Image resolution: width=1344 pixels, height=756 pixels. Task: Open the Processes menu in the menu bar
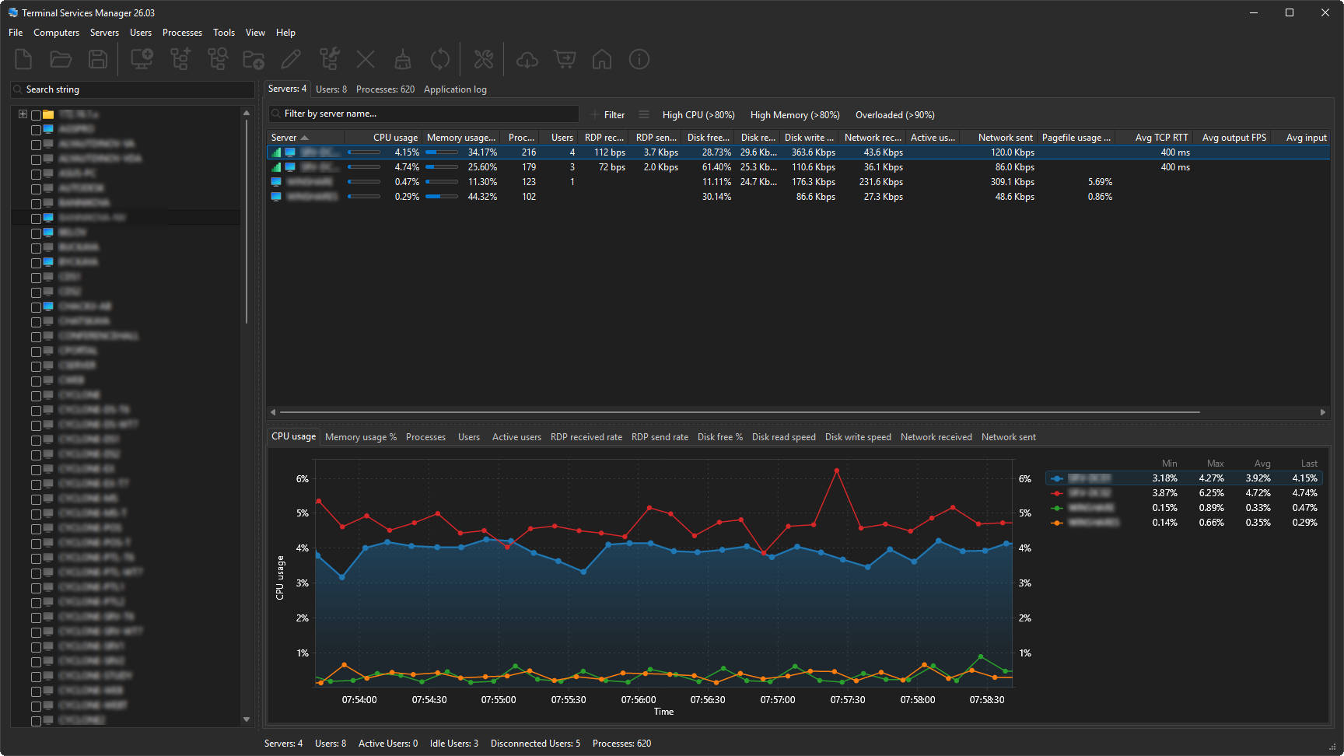click(x=182, y=33)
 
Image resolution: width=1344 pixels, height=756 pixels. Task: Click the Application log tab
click(x=455, y=89)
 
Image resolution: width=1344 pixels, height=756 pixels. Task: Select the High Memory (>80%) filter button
click(x=794, y=115)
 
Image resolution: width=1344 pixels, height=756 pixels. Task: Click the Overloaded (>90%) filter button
click(x=894, y=115)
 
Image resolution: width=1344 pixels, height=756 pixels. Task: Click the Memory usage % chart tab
click(x=360, y=437)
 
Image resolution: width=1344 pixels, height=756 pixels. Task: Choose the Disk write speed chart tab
click(x=858, y=437)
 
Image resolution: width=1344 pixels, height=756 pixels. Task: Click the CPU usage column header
click(x=395, y=138)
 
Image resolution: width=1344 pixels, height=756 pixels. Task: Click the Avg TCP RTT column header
click(x=1161, y=138)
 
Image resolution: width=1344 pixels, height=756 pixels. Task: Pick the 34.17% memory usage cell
click(x=482, y=152)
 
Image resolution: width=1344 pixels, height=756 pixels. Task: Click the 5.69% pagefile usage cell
click(x=1100, y=182)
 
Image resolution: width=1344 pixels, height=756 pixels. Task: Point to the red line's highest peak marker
click(x=837, y=471)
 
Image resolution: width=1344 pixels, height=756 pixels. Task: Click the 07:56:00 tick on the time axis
click(x=639, y=700)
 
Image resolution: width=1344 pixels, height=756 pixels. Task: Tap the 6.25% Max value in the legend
click(x=1211, y=493)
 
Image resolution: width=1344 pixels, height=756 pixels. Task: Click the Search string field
click(x=132, y=89)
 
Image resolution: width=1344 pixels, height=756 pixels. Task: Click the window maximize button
click(x=1290, y=12)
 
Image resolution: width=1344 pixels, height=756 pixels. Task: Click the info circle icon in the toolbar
click(x=639, y=59)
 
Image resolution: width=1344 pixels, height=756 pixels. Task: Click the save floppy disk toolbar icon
click(x=98, y=59)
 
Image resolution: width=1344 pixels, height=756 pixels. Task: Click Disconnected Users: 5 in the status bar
click(x=535, y=744)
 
